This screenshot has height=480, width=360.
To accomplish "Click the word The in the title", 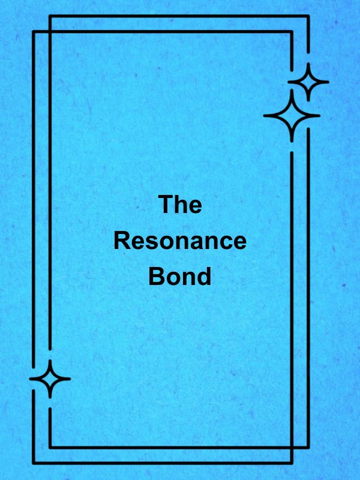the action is pos(180,204).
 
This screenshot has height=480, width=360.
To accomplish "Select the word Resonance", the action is pos(180,241).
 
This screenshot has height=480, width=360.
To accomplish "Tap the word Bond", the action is pos(180,276).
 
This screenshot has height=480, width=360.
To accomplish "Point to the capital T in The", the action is pos(166,204).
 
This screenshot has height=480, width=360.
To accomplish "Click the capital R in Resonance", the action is pos(122,241).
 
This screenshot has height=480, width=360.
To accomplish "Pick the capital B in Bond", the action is pos(156,276).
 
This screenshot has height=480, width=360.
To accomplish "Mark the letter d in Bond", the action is pos(203,276).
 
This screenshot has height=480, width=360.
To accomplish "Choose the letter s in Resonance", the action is pos(151,244).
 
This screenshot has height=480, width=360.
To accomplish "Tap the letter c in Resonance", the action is pos(224,244).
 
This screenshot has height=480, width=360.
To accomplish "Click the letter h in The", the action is pos(181,204).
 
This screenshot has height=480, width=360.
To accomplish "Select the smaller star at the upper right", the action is pos(308,82).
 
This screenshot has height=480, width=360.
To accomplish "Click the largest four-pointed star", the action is pos(292,116).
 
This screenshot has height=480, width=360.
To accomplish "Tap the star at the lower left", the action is pos(50,379).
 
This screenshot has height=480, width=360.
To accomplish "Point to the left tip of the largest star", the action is pos(264,116).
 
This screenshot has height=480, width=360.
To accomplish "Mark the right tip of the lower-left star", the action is pos(70,379).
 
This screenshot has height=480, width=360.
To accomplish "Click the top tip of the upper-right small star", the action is pos(308,64).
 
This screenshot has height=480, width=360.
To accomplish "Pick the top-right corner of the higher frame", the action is pos(308,16).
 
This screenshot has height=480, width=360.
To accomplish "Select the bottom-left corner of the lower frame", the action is pos(34,463).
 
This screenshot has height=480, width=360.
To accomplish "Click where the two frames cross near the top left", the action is pos(50,32).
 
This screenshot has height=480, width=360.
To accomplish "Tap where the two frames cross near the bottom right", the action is pos(292,448).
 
